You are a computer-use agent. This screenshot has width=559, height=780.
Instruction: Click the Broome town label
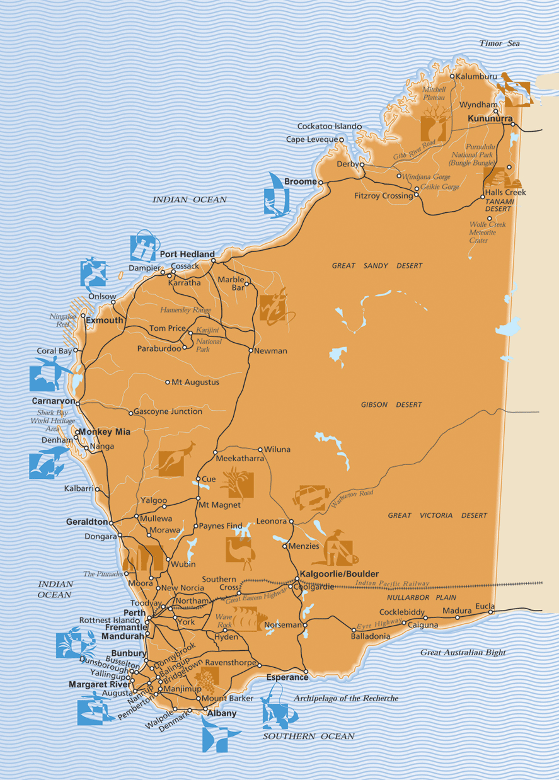tap(301, 181)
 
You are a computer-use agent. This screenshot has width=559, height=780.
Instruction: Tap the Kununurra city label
tap(490, 118)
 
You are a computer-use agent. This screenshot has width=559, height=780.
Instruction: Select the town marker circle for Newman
tap(251, 350)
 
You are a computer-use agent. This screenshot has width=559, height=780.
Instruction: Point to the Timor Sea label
tap(499, 43)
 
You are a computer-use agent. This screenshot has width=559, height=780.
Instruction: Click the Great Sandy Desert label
tap(377, 266)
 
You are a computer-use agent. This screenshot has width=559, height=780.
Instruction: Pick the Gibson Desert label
tap(391, 404)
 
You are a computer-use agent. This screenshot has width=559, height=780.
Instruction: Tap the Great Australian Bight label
tap(463, 653)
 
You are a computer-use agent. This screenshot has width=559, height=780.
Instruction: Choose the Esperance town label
tap(287, 677)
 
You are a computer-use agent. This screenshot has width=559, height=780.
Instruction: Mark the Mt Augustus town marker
tap(168, 382)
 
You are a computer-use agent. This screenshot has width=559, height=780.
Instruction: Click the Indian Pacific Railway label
tap(392, 584)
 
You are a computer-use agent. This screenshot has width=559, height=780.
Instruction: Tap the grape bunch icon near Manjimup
tap(207, 680)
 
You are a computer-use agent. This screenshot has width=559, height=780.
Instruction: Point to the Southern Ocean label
tap(308, 736)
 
